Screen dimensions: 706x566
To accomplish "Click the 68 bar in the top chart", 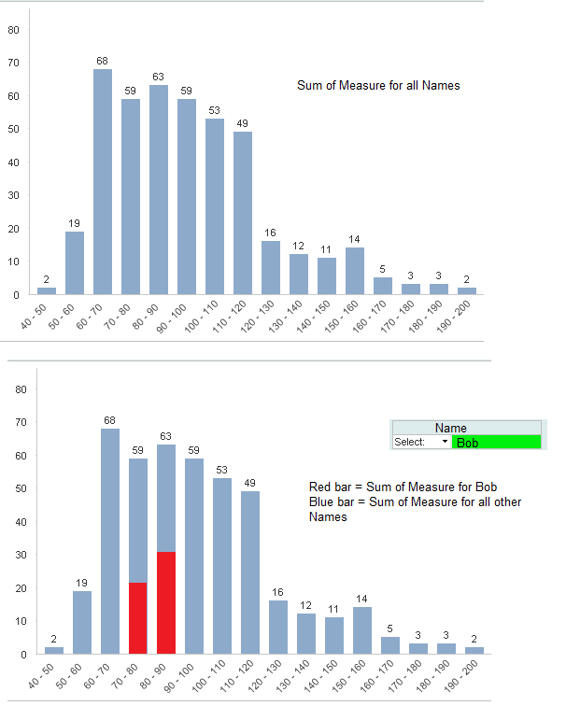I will tap(103, 182).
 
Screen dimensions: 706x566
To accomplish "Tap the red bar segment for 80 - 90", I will tap(166, 603).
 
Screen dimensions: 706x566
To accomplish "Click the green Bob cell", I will tap(496, 442).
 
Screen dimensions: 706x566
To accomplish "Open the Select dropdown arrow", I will tap(445, 442).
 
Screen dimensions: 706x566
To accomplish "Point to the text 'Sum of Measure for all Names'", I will tap(378, 86).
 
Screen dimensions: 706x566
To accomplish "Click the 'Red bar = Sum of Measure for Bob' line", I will tap(403, 487).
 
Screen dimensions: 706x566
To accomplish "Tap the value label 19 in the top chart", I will tap(75, 223).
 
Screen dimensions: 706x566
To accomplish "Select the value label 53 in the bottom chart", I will tap(222, 470).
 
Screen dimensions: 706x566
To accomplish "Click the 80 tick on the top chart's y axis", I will tap(13, 29).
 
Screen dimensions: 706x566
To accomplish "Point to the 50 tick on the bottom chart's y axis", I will tap(13, 488).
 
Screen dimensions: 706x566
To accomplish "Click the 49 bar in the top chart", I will tap(243, 213).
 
